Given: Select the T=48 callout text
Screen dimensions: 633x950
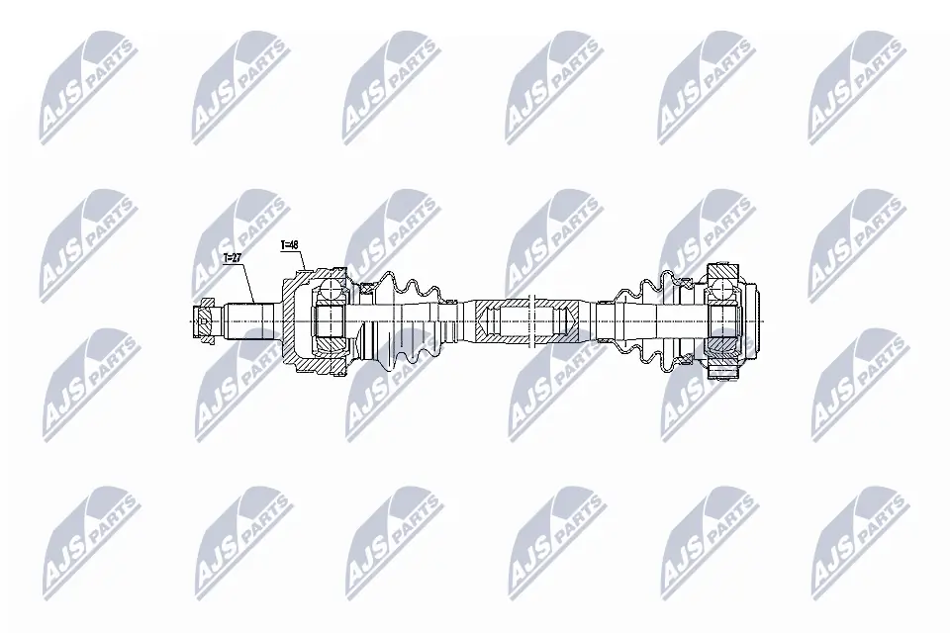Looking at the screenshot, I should coord(290,244).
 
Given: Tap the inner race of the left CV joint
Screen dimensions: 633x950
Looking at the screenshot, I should coord(327,322).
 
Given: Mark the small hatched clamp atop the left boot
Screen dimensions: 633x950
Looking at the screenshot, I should coord(364,288).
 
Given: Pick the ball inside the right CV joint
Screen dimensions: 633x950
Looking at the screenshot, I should coord(724,290).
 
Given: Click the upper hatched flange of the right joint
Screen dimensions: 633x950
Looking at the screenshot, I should coord(723,270).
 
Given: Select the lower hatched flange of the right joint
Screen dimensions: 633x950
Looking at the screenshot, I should coord(723,373).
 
